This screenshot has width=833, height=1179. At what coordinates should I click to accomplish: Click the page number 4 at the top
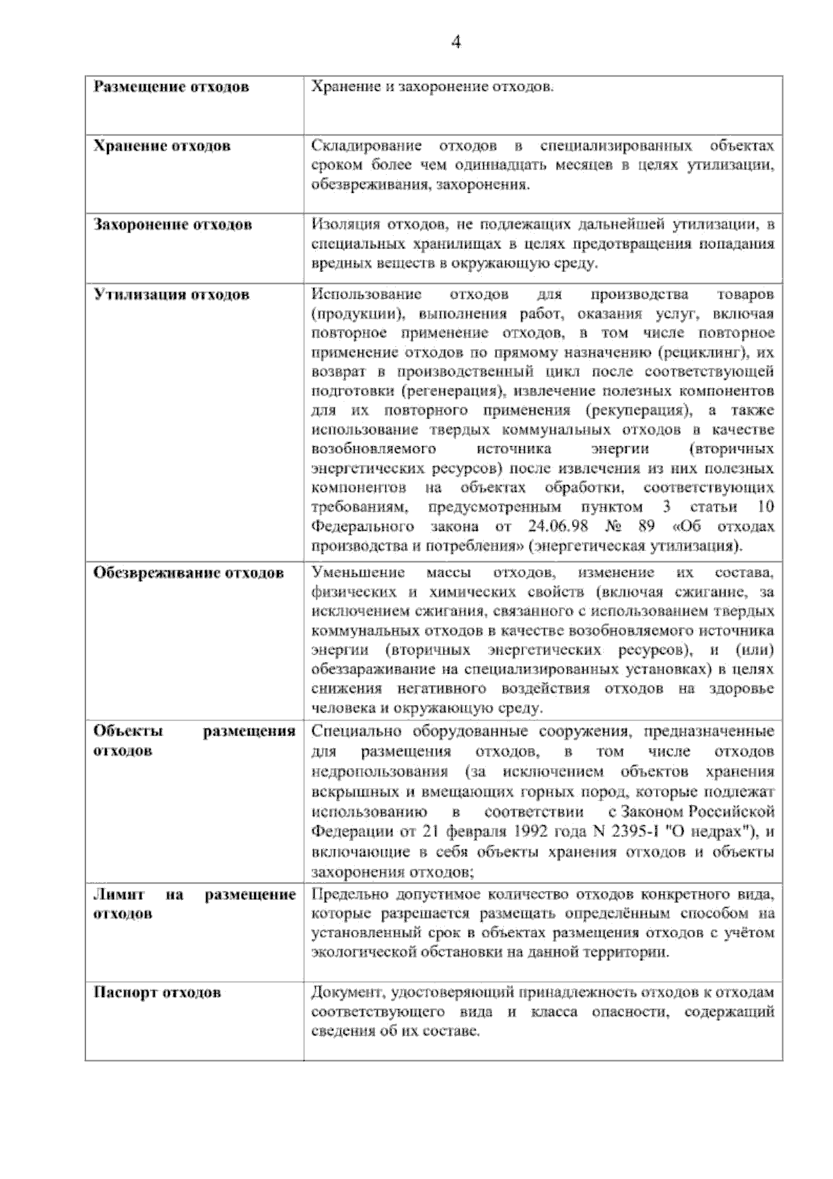point(456,42)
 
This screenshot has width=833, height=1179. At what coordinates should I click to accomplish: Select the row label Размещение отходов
point(171,87)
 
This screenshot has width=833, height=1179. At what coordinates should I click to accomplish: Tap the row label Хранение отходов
point(162,146)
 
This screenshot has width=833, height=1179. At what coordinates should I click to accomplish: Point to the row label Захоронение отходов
point(173,225)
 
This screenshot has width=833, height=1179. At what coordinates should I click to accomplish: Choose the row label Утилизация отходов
point(171,295)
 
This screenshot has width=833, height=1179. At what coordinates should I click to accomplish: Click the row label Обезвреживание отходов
point(189,573)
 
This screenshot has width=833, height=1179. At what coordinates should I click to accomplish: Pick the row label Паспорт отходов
point(158,992)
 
